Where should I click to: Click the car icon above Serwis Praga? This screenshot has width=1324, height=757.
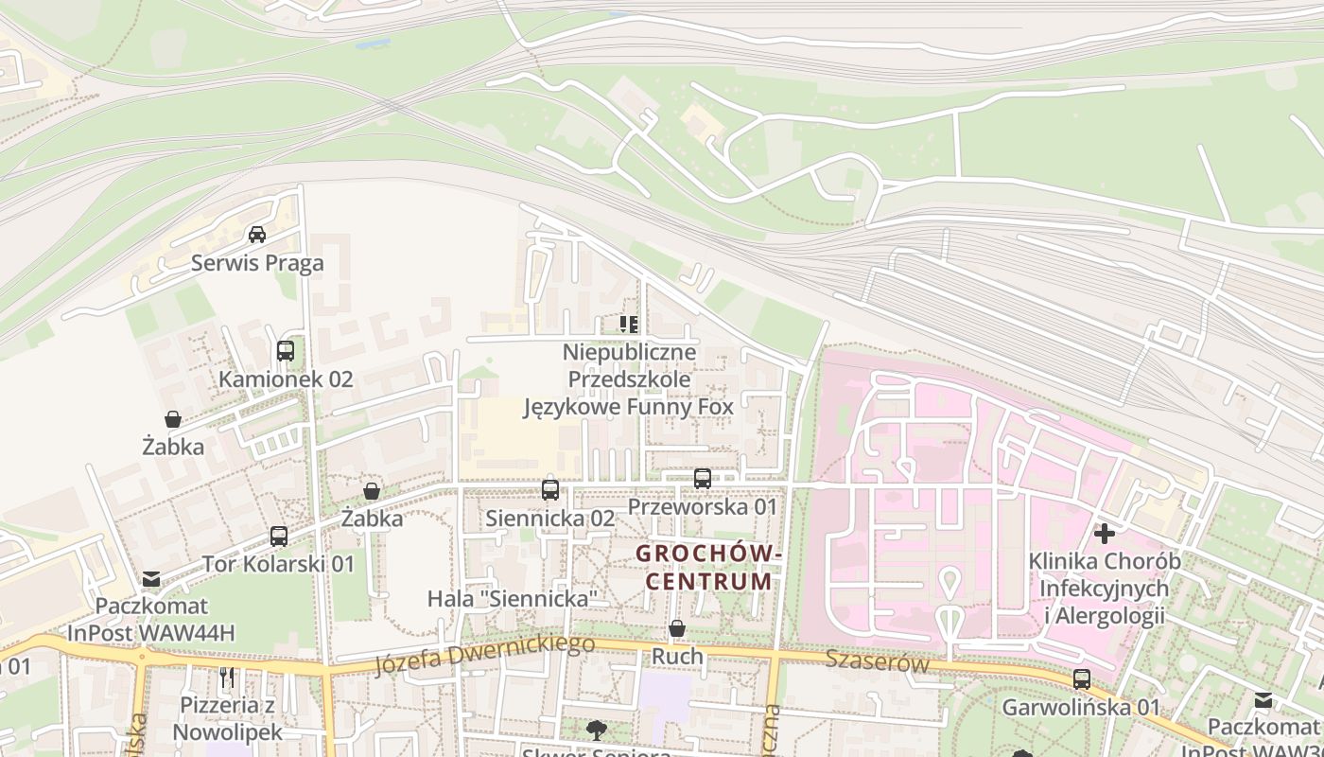(256, 234)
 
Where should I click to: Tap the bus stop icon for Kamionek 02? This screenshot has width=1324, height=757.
(286, 351)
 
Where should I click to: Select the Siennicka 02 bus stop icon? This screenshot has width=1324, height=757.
(550, 490)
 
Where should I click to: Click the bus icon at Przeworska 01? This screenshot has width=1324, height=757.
(702, 479)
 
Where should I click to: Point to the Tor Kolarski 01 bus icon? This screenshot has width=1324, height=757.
(278, 537)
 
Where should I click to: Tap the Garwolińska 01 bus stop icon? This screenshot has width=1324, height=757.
(1081, 679)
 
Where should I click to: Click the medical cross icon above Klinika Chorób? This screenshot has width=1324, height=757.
(1104, 534)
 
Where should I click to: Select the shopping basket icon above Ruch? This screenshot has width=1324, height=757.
(677, 629)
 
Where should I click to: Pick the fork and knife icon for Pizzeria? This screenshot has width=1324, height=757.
(227, 678)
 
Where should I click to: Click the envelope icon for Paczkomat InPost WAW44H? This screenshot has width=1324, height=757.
(151, 578)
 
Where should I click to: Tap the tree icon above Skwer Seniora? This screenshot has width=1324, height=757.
(596, 730)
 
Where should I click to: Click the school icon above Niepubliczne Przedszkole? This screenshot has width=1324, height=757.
(629, 325)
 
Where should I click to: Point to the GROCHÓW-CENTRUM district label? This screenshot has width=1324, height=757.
(708, 566)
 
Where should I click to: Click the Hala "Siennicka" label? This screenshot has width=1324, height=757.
(513, 598)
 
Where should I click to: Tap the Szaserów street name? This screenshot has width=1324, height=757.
(877, 661)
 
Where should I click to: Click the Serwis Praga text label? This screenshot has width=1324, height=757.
(257, 263)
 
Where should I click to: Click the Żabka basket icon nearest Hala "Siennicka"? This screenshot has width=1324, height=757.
(372, 492)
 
